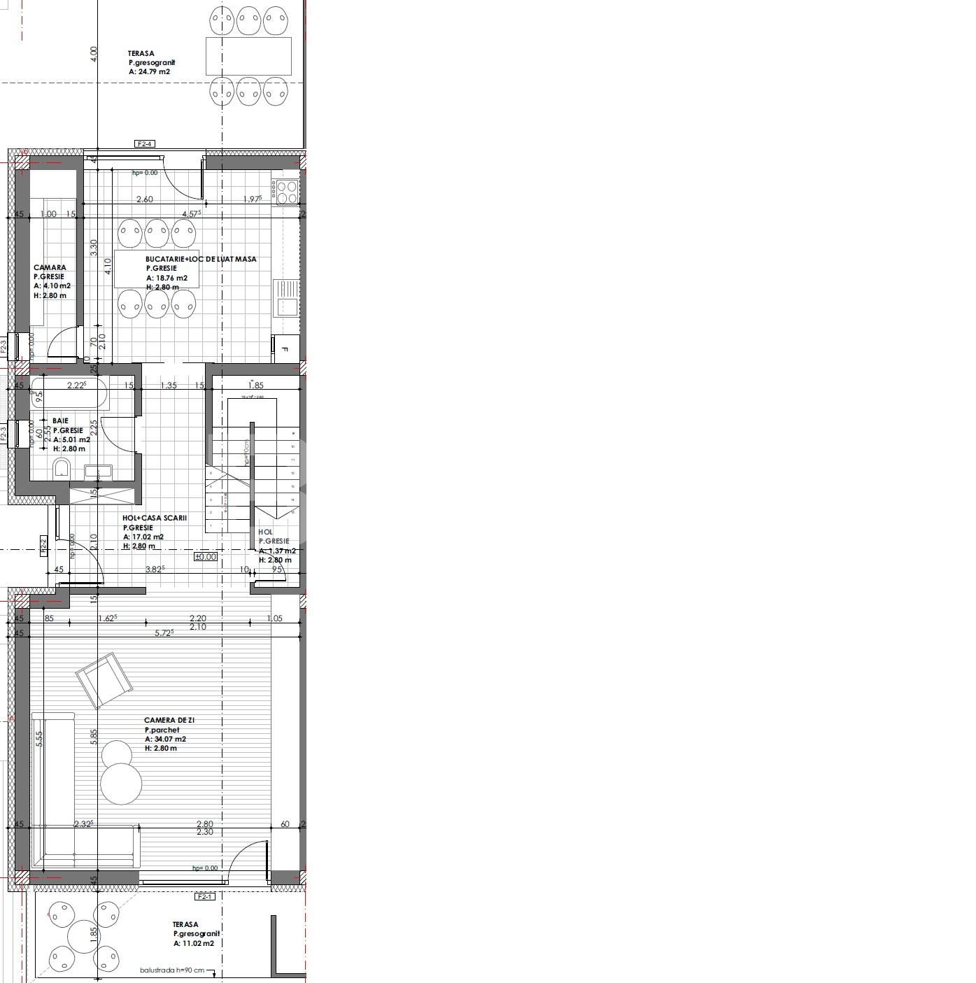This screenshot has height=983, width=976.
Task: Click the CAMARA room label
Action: [50, 267]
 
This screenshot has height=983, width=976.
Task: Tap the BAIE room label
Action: [60, 421]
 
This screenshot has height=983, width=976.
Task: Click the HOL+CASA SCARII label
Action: [155, 518]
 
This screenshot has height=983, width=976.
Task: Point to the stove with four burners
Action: [287, 192]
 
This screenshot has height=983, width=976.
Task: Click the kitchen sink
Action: [286, 297]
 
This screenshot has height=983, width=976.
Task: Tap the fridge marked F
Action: [285, 348]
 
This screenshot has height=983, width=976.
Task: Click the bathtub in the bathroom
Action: [70, 394]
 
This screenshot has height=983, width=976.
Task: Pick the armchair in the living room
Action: [104, 679]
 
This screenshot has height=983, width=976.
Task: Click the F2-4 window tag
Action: [144, 144]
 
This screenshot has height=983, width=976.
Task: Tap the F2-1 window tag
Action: [204, 896]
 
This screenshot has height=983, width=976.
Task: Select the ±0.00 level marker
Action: [206, 557]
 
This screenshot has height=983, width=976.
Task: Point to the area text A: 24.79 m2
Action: [149, 71]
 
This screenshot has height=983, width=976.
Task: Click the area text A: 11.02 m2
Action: [194, 943]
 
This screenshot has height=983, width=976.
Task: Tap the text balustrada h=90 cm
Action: [172, 970]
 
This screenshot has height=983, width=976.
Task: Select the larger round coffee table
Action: [122, 783]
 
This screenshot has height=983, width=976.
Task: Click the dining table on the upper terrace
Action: [248, 56]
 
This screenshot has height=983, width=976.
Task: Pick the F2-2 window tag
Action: [43, 546]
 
